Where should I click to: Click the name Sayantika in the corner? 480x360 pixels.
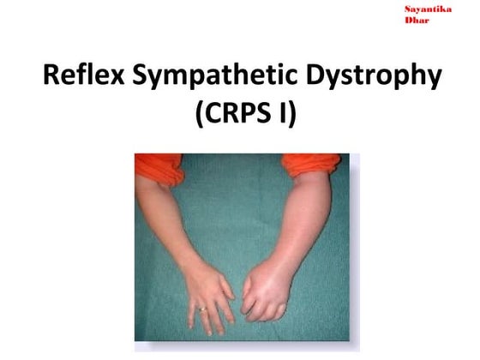pyautogui.click(x=427, y=8)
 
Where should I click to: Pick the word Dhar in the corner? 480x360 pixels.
pyautogui.click(x=415, y=19)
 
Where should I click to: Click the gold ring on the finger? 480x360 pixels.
pyautogui.click(x=201, y=309)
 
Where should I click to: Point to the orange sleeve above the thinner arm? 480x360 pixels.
pyautogui.click(x=159, y=166)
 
